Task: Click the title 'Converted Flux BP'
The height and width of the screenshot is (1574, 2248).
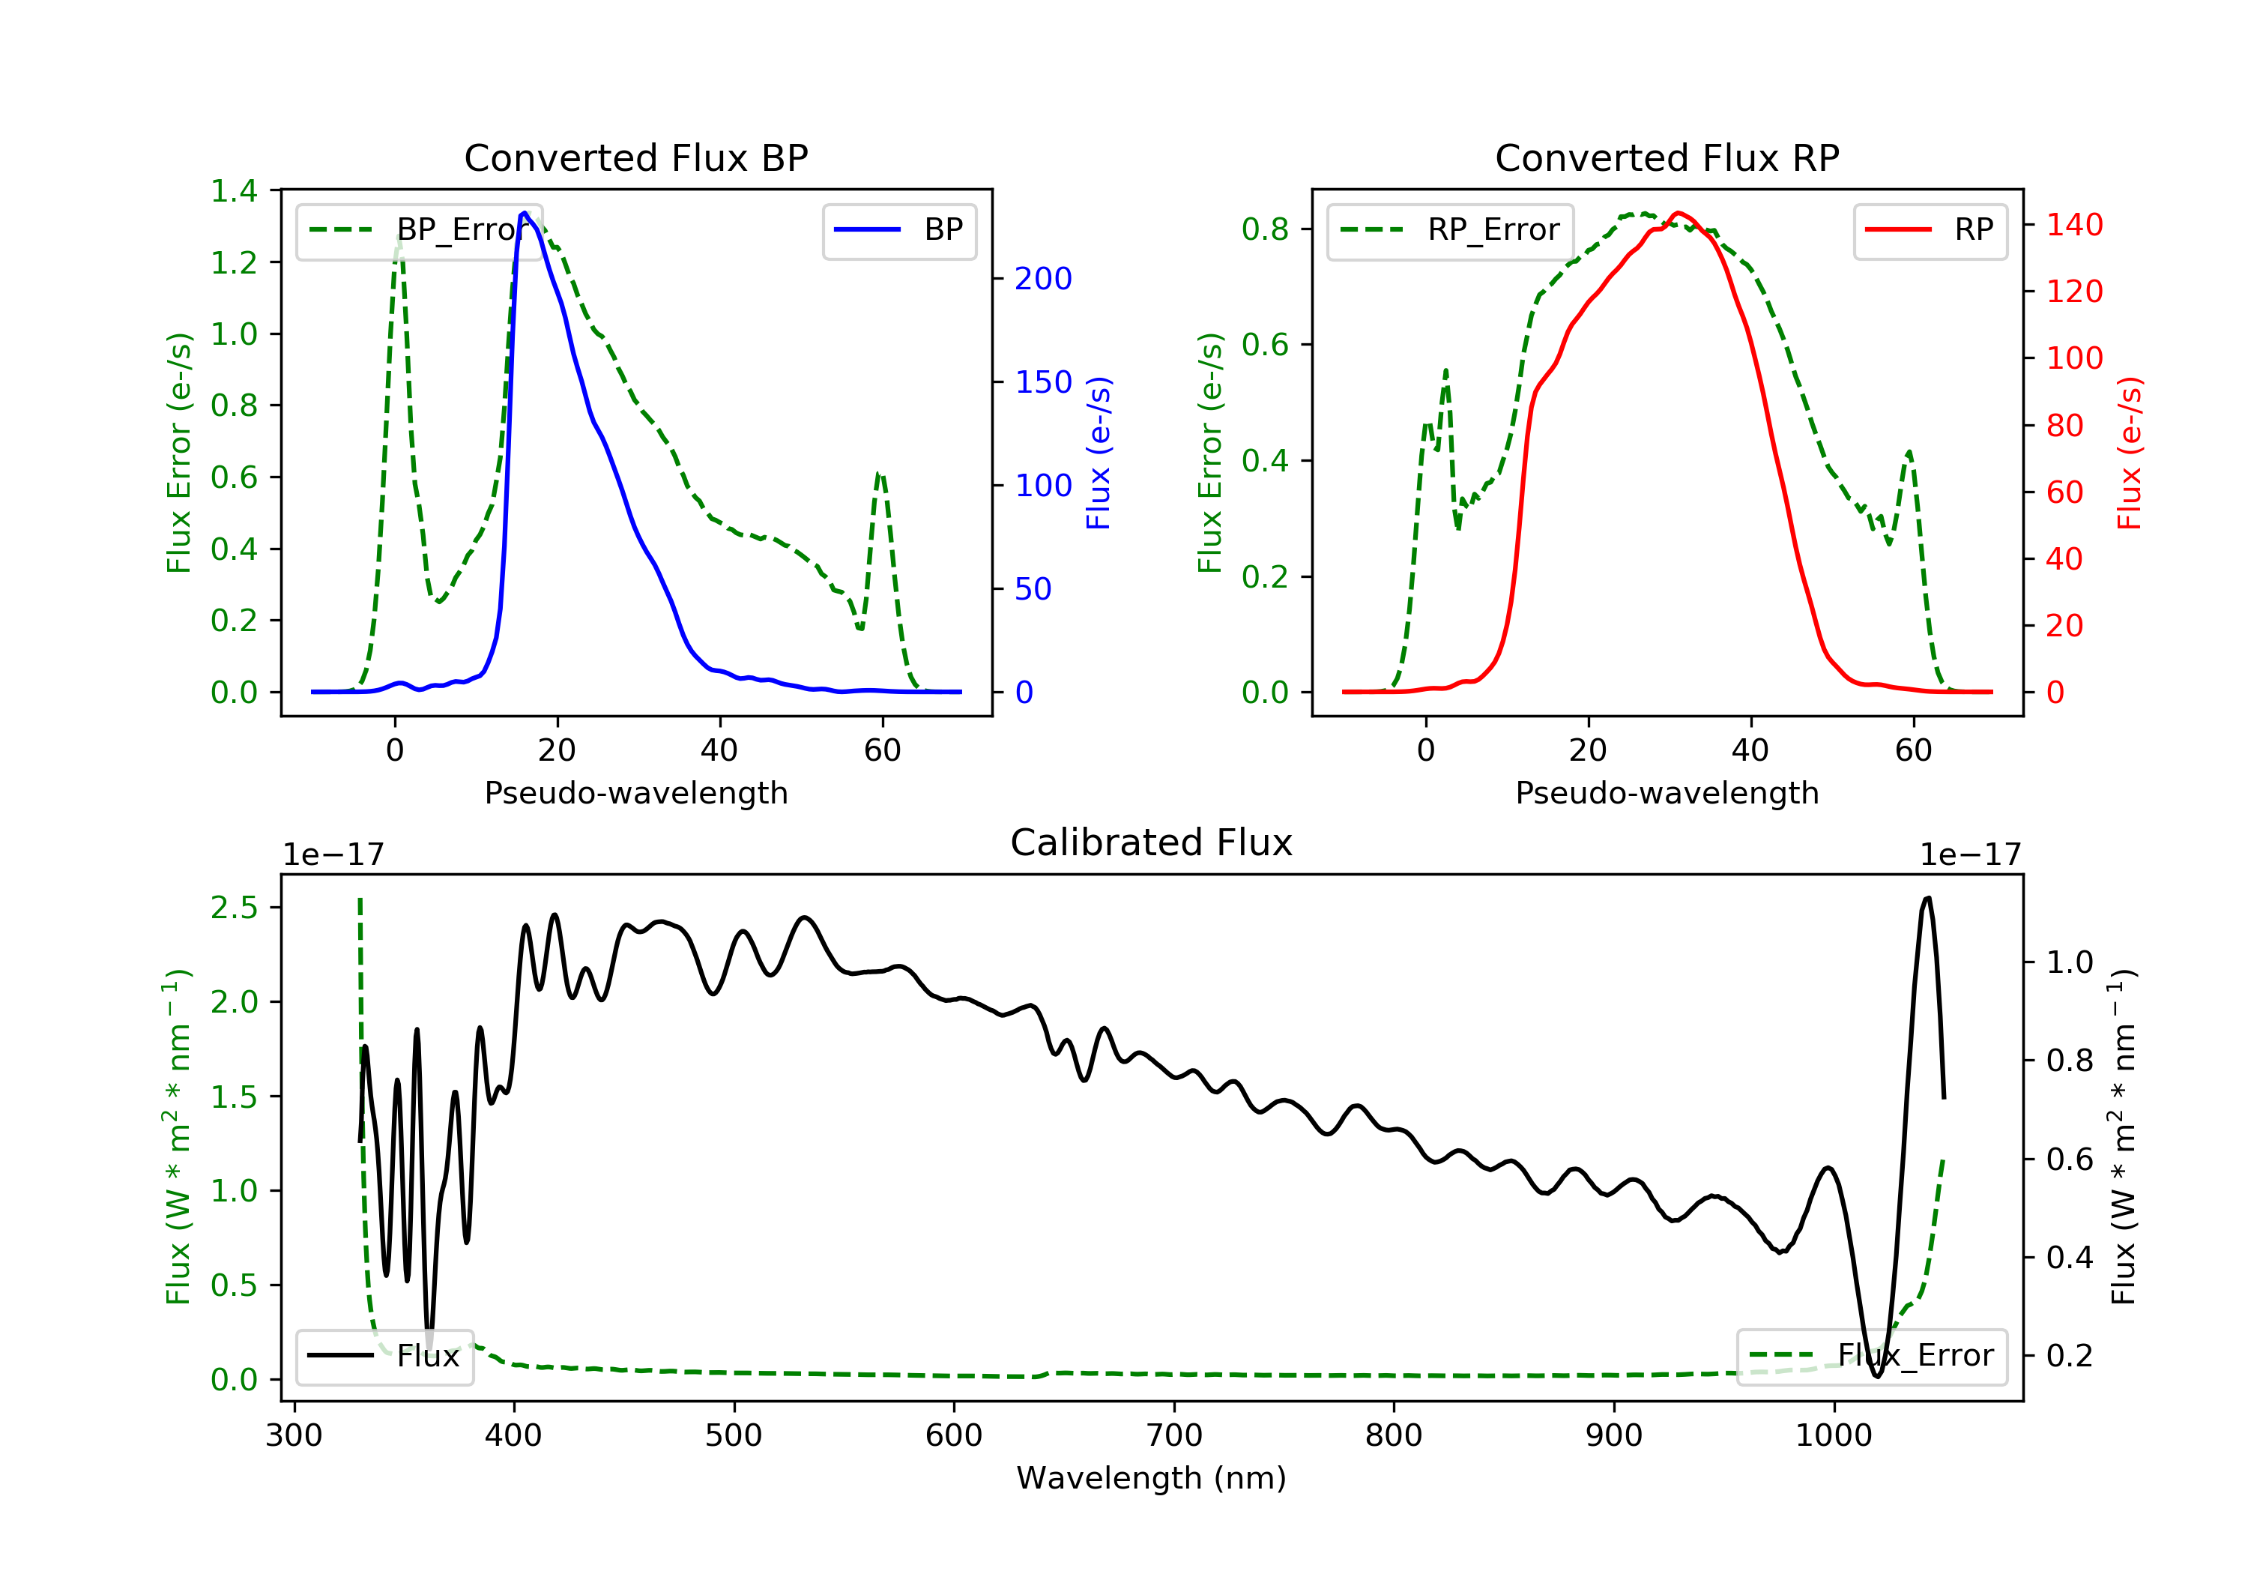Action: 635,157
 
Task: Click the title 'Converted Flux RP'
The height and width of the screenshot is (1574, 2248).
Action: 1667,157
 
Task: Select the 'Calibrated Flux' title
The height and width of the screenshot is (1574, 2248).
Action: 1152,842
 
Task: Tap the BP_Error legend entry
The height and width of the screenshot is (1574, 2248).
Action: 419,230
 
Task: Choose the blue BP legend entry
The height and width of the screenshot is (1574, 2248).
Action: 898,230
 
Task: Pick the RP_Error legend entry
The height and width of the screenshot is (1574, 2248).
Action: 1450,230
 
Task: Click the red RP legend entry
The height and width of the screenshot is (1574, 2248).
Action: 1930,230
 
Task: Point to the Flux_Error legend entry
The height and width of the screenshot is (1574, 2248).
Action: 1871,1356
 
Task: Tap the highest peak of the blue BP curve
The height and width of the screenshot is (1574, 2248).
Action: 525,213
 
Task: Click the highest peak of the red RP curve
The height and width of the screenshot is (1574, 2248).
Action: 1679,213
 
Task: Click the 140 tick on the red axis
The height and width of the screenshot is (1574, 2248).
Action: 2073,226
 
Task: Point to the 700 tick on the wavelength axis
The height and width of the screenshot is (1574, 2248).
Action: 1174,1435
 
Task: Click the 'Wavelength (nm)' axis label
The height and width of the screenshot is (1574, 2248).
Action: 1152,1478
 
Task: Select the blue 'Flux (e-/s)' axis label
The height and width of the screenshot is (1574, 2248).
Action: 1099,453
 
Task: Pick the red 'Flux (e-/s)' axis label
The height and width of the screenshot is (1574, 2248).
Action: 2129,453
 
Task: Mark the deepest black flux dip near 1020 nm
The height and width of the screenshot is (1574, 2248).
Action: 1877,1376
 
